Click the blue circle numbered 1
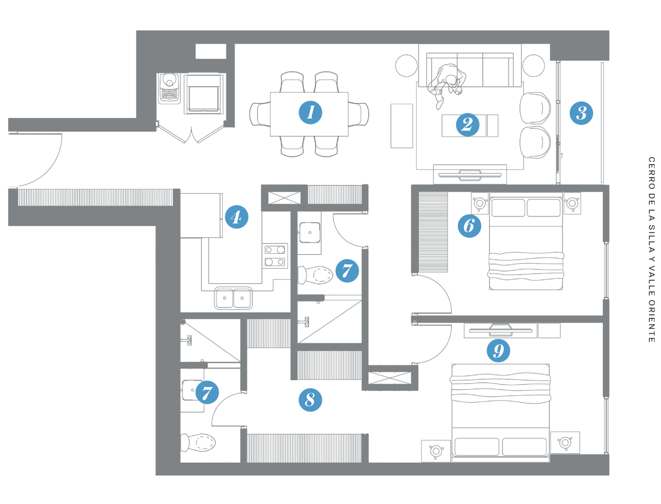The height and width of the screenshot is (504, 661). pyautogui.click(x=311, y=112)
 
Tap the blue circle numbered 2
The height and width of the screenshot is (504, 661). pyautogui.click(x=467, y=125)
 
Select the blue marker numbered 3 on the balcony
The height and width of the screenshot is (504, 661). pyautogui.click(x=581, y=113)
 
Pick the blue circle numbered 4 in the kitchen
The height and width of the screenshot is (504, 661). pyautogui.click(x=236, y=217)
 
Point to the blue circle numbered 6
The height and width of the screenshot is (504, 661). pyautogui.click(x=470, y=226)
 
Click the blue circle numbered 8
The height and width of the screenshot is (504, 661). pyautogui.click(x=310, y=399)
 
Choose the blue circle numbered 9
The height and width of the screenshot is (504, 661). pyautogui.click(x=498, y=350)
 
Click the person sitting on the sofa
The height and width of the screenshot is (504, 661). pyautogui.click(x=446, y=85)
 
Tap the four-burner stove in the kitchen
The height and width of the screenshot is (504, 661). pyautogui.click(x=275, y=255)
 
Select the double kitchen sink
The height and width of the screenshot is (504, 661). pyautogui.click(x=233, y=298)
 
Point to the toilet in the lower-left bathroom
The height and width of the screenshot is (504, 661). pyautogui.click(x=198, y=442)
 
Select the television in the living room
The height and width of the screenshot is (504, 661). pyautogui.click(x=470, y=174)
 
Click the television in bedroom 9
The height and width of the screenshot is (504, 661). pyautogui.click(x=500, y=330)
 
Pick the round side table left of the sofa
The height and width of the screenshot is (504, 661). pyautogui.click(x=406, y=66)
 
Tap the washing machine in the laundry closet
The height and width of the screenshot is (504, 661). pyautogui.click(x=204, y=94)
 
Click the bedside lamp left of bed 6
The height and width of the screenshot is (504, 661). pyautogui.click(x=479, y=203)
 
